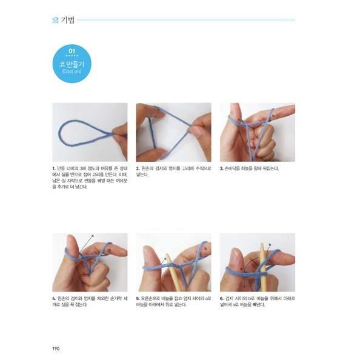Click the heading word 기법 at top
68,20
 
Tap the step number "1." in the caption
54,168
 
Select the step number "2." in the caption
138,168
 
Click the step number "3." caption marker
221,168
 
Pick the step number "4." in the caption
54,298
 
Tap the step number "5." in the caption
138,298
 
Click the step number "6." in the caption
221,298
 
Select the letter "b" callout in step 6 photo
269,244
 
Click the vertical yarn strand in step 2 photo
149,130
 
